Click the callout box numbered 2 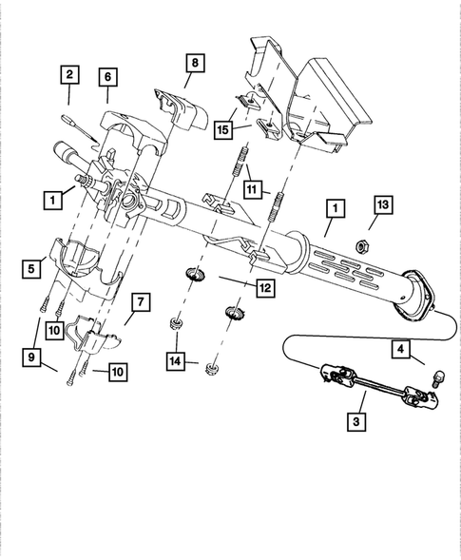pos(68,73)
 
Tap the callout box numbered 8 pos(193,64)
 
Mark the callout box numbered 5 pos(31,269)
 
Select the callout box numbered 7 pos(140,302)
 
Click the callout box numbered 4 pos(402,349)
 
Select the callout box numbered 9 pos(31,356)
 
